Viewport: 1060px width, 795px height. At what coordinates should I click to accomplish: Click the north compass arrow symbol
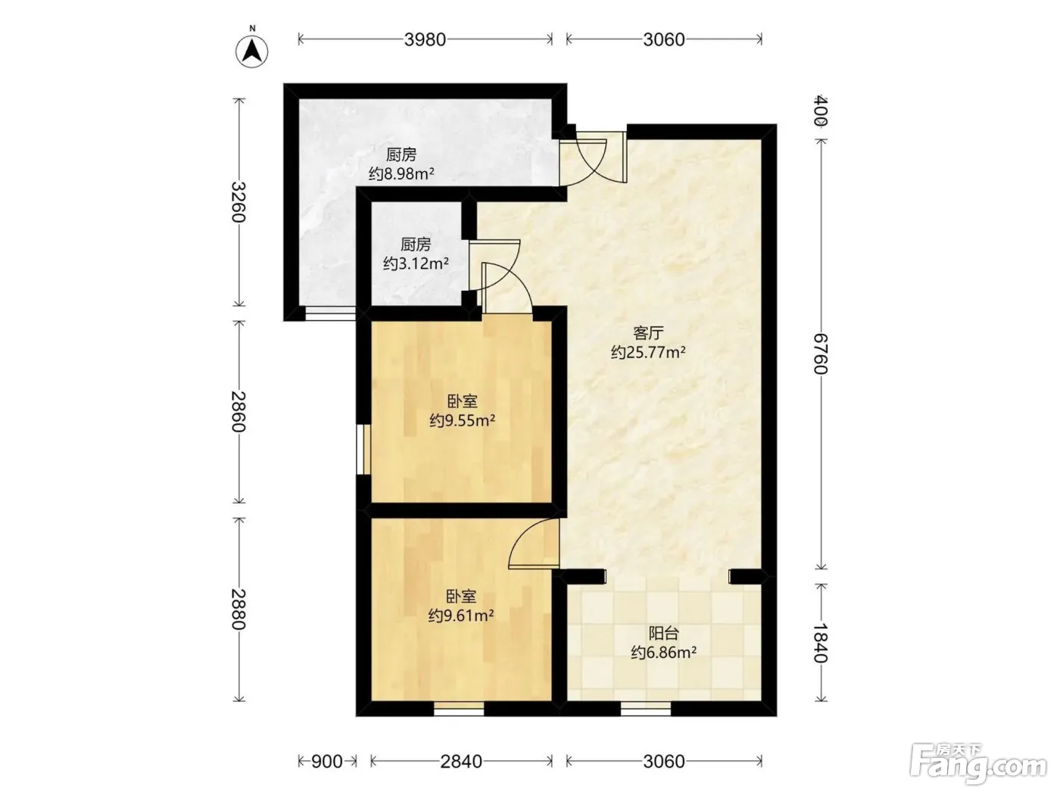click(x=251, y=51)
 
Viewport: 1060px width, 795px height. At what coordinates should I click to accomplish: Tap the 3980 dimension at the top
click(x=425, y=39)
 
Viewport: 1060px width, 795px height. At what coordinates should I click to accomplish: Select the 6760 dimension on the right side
click(x=821, y=354)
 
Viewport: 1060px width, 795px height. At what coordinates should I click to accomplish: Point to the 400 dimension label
click(x=821, y=111)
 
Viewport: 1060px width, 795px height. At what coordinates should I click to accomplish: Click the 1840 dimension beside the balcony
click(x=821, y=643)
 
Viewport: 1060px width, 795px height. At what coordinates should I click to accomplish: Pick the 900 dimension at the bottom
click(x=327, y=761)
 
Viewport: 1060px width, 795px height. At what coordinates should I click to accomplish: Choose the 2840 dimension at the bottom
click(x=461, y=761)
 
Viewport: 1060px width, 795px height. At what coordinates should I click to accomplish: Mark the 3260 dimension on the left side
click(x=238, y=201)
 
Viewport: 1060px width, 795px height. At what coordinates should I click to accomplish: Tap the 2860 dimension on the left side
click(x=238, y=411)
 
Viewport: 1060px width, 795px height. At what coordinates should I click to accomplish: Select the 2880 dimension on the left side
click(x=238, y=609)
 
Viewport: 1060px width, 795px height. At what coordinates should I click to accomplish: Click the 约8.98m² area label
click(x=401, y=174)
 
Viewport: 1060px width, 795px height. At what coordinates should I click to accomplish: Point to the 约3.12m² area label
click(x=416, y=263)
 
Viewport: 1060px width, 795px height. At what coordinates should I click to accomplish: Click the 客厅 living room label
click(x=648, y=333)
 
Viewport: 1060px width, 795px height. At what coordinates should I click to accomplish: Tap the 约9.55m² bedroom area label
click(x=462, y=420)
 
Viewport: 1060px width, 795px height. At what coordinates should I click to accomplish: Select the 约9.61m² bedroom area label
click(x=460, y=616)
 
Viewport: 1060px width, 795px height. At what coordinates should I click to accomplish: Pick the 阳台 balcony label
click(x=663, y=633)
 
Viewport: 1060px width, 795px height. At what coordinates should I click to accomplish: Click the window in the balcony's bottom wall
click(x=646, y=708)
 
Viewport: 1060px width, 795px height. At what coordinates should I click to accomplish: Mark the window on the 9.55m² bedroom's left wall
click(x=363, y=450)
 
